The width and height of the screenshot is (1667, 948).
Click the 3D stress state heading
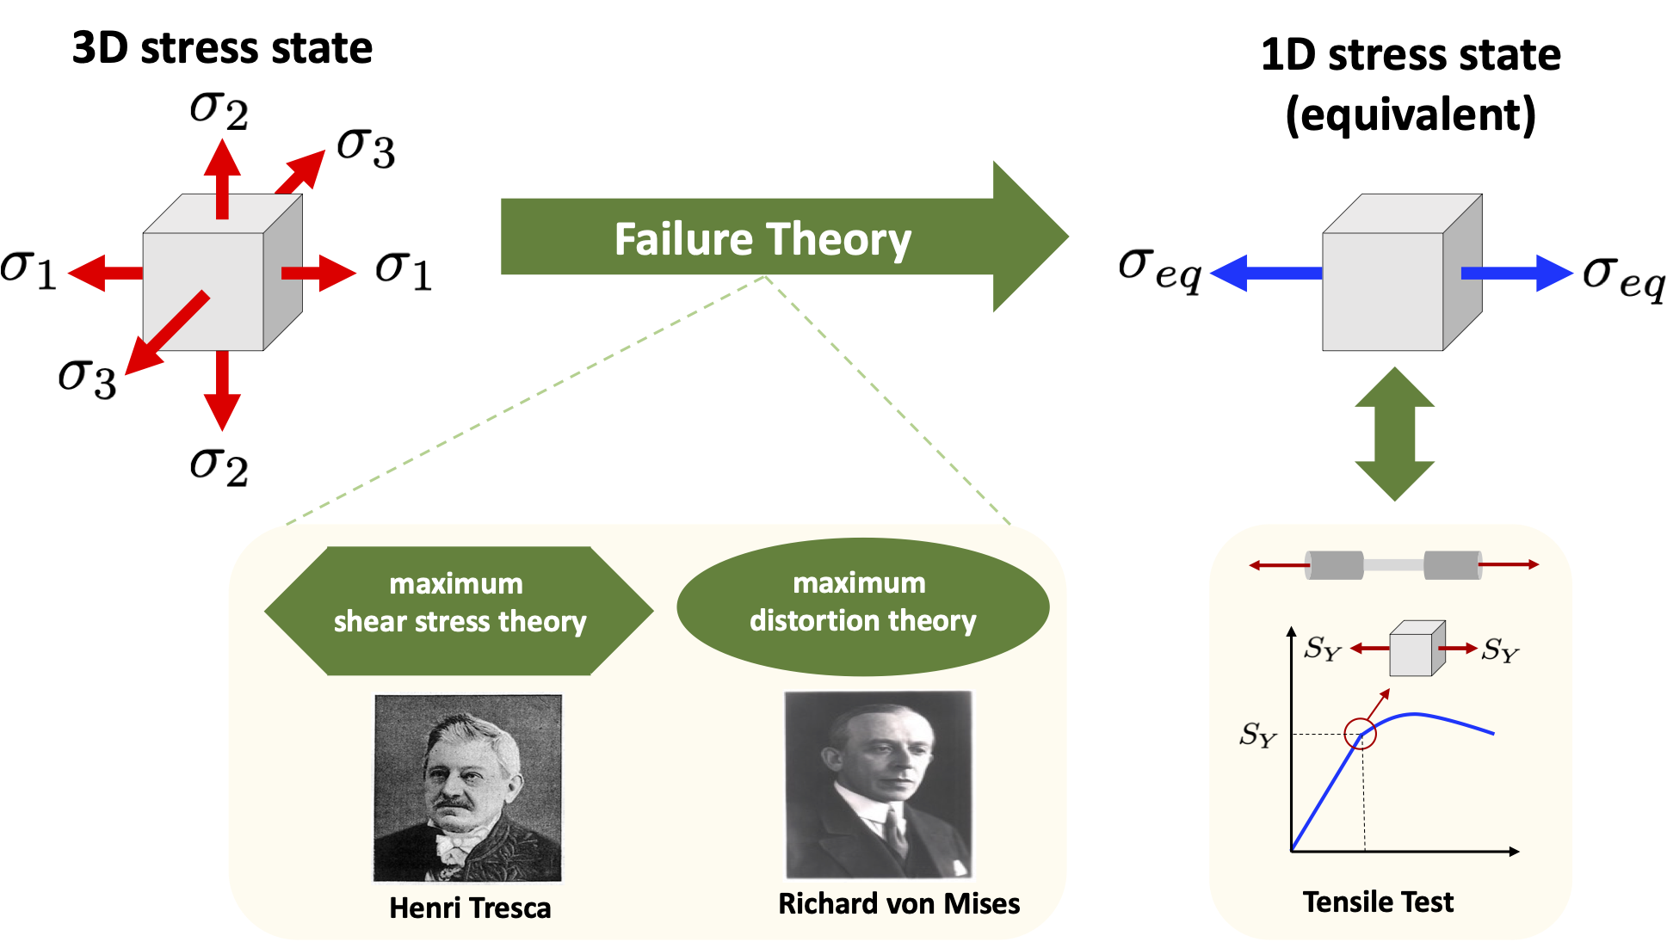pyautogui.click(x=222, y=48)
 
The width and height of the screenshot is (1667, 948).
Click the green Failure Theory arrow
pyautogui.click(x=762, y=237)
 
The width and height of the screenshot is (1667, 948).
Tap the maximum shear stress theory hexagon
pyautogui.click(x=459, y=610)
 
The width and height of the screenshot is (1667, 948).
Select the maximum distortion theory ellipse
pyautogui.click(x=862, y=606)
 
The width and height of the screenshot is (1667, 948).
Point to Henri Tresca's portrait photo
pyautogui.click(x=467, y=787)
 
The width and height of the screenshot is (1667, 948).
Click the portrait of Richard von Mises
pyautogui.click(x=878, y=784)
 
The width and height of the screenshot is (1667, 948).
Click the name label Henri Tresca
pyautogui.click(x=470, y=908)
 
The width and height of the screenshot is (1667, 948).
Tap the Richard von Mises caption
pyautogui.click(x=898, y=903)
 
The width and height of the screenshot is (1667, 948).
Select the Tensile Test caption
pyautogui.click(x=1377, y=902)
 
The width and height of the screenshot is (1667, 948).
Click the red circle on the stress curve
pyautogui.click(x=1361, y=733)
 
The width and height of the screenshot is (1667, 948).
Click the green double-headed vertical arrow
pyautogui.click(x=1394, y=434)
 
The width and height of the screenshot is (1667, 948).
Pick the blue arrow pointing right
pyautogui.click(x=1516, y=273)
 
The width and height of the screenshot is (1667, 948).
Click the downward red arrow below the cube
pyautogui.click(x=222, y=391)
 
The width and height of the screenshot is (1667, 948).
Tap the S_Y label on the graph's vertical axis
pyautogui.click(x=1257, y=736)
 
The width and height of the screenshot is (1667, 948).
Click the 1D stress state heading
pyautogui.click(x=1411, y=84)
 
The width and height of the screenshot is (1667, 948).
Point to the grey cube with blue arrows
pyautogui.click(x=1400, y=274)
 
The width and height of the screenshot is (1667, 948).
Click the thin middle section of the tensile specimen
pyautogui.click(x=1393, y=565)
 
